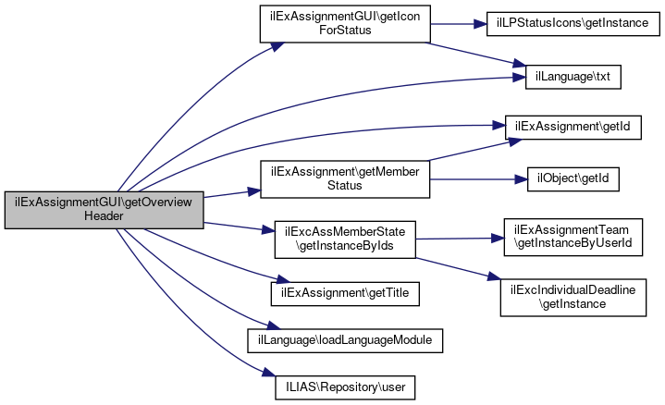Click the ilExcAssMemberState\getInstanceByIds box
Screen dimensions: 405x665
pos(345,239)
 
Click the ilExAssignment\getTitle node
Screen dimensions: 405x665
pos(345,292)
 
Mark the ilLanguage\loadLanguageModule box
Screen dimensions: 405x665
pos(345,338)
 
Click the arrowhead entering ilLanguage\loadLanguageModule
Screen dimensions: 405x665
pos(264,328)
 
